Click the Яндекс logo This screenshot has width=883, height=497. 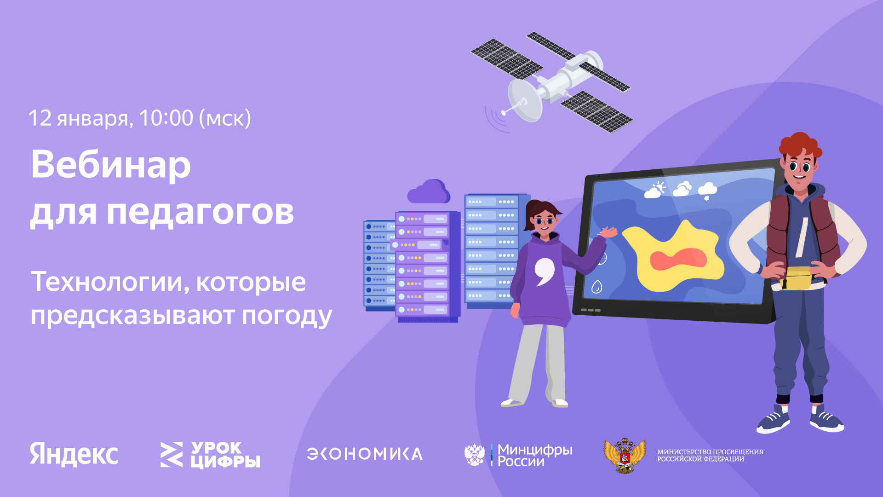click(74, 454)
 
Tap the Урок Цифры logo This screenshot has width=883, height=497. click(210, 455)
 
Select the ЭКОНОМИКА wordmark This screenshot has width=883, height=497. click(364, 454)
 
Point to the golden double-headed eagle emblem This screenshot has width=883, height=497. click(625, 455)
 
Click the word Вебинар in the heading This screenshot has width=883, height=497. click(110, 165)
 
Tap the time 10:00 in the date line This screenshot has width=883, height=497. click(166, 118)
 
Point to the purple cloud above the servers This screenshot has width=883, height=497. click(429, 192)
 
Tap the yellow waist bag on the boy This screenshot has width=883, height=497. click(796, 278)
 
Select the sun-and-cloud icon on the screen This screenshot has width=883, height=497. click(655, 190)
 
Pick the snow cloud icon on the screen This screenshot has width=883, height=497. click(707, 190)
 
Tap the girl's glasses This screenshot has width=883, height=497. click(544, 222)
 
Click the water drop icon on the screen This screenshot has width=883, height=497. click(596, 287)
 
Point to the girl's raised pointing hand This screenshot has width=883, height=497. click(610, 232)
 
